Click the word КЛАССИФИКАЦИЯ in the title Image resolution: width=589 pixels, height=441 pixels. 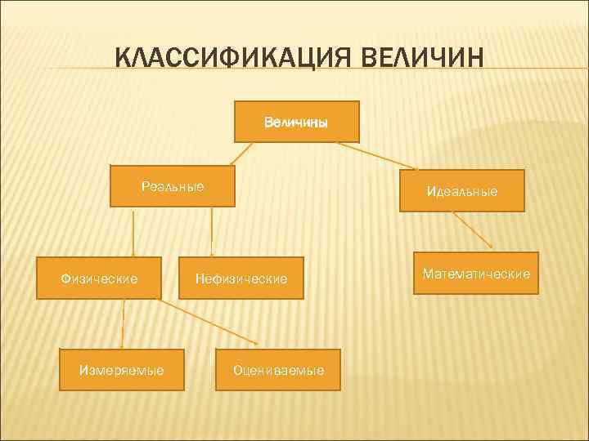click(223, 59)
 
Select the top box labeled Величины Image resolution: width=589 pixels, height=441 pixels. click(297, 122)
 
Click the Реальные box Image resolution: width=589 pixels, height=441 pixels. click(173, 186)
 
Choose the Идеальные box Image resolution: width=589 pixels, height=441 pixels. click(461, 190)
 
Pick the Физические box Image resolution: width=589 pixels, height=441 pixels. click(100, 278)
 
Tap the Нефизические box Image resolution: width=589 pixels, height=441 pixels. click(241, 278)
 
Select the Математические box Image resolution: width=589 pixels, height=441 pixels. click(476, 273)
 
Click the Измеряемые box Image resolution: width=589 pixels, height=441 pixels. click(121, 370)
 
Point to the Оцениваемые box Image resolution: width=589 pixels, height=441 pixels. click(278, 370)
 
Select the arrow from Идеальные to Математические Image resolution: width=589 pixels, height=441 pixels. click(473, 230)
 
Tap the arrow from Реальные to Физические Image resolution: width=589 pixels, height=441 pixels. click(134, 233)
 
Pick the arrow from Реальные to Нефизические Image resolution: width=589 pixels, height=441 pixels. click(212, 233)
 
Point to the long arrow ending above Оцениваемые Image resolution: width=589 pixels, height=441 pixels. click(209, 321)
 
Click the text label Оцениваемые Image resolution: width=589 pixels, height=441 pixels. click(278, 370)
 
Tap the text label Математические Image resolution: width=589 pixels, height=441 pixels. click(476, 273)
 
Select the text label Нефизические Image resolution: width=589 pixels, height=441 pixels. click(241, 278)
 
